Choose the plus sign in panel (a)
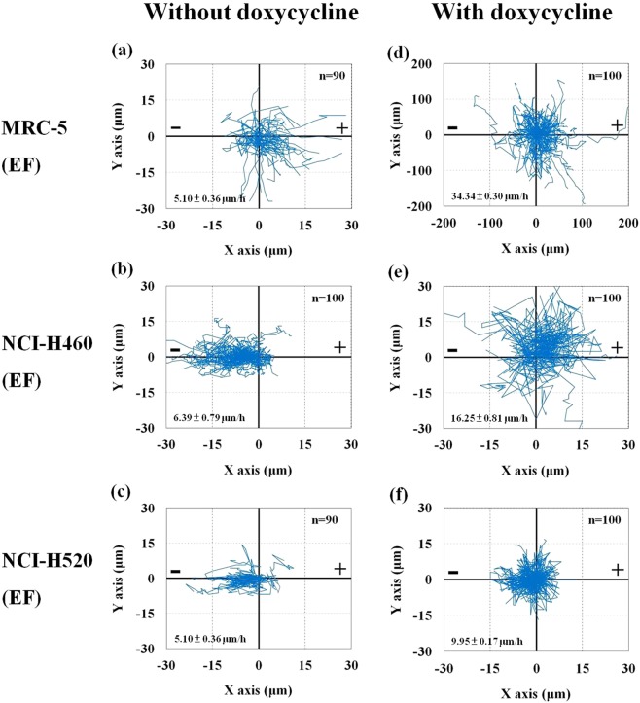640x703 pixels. coord(341,127)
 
